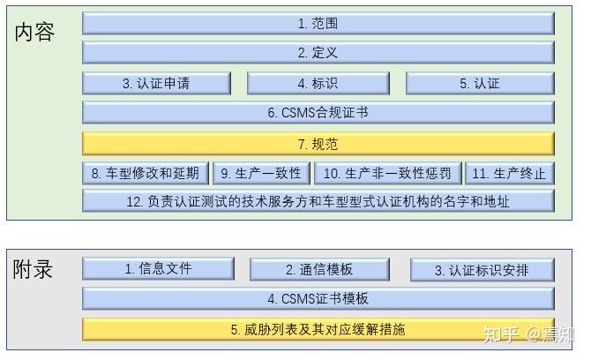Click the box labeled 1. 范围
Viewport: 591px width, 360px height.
(318, 24)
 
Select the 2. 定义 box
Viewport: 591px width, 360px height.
(318, 53)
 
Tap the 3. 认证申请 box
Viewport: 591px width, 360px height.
(156, 84)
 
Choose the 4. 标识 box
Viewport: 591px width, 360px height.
(318, 84)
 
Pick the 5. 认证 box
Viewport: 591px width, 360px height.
(480, 84)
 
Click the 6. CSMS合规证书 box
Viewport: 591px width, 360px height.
(318, 113)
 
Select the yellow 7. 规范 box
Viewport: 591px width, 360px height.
(318, 144)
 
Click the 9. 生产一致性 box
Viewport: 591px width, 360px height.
(261, 173)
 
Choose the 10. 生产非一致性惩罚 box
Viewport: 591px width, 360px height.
(388, 173)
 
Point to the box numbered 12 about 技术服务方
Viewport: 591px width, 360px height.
(318, 201)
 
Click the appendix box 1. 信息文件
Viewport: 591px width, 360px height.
(158, 268)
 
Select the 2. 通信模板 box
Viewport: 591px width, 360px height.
(319, 269)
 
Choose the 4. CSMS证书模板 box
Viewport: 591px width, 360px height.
(318, 299)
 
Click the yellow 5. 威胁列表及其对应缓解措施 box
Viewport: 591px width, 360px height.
(318, 329)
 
